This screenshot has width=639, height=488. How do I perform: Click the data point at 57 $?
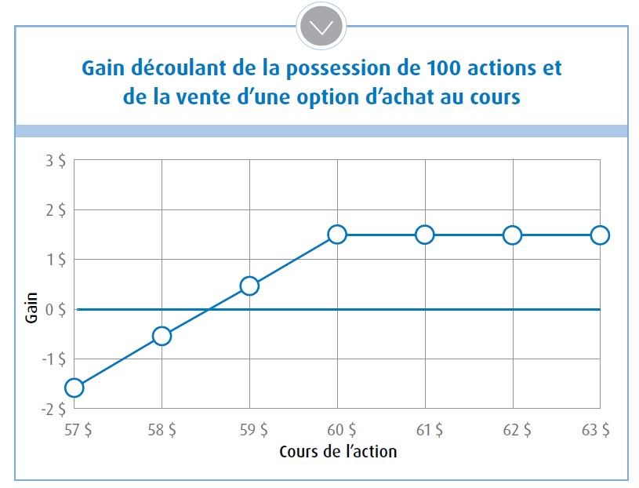click(x=74, y=387)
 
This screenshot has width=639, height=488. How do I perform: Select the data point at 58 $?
click(x=162, y=336)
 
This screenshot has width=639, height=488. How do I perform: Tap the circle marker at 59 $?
click(x=249, y=286)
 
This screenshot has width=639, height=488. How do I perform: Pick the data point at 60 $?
click(x=337, y=234)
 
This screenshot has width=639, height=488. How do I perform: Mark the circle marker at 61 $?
click(x=424, y=234)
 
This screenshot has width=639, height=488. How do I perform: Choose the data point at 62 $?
click(x=512, y=234)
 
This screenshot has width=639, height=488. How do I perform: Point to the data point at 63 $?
click(x=600, y=234)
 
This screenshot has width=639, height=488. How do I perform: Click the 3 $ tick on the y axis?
click(x=56, y=161)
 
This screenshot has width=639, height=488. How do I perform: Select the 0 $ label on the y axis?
click(x=55, y=309)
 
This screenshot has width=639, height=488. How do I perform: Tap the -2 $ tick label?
click(x=53, y=409)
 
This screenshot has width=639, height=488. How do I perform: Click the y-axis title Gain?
click(x=31, y=308)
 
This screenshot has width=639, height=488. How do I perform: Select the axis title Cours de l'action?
click(x=338, y=452)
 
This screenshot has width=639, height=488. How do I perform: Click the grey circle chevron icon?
click(x=321, y=27)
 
